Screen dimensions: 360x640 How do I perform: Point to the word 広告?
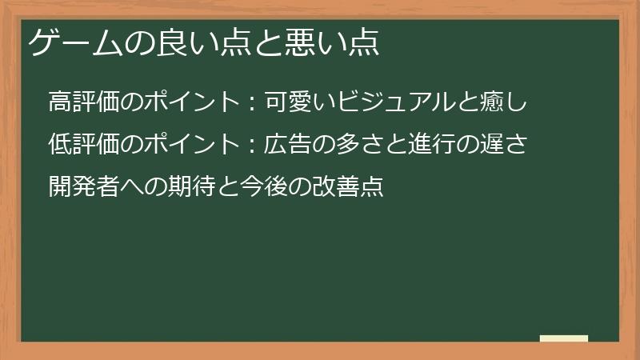tap(287, 146)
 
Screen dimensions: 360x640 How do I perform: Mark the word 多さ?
tap(359, 146)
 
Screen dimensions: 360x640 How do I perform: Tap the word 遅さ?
tap(503, 146)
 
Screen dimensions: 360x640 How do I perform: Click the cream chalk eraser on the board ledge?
tap(563, 338)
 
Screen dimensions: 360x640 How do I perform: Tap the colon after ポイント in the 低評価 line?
tap(251, 146)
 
